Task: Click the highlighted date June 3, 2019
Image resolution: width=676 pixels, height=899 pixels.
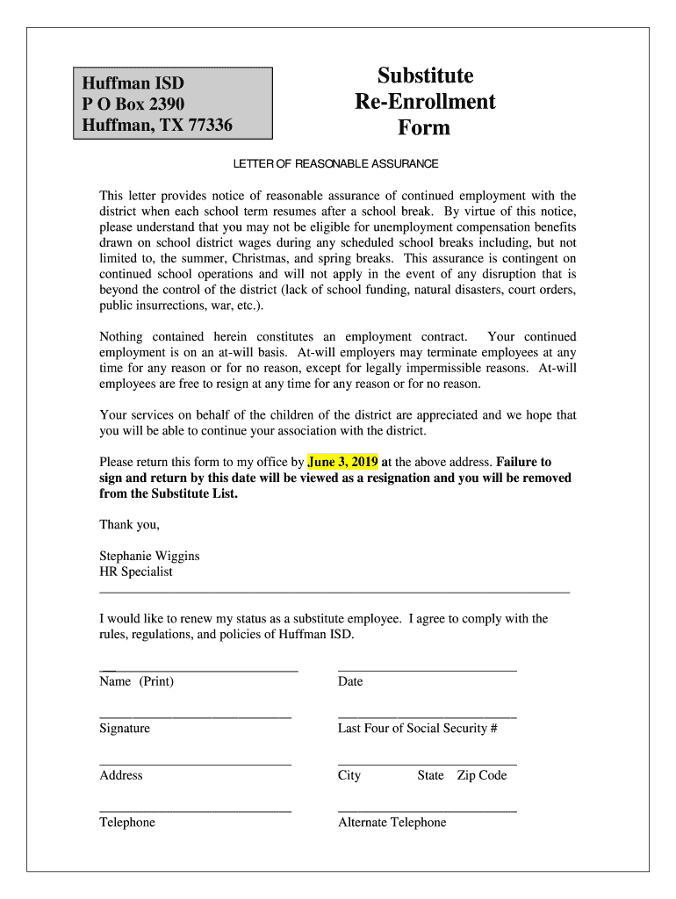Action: click(343, 462)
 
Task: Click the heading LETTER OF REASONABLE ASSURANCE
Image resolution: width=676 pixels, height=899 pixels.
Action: click(335, 164)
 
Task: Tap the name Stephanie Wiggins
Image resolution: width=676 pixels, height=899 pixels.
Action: click(149, 556)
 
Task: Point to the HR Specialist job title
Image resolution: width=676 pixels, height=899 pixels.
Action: click(136, 572)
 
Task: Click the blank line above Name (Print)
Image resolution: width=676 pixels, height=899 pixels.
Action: click(199, 672)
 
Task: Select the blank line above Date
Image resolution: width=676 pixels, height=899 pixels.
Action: click(427, 672)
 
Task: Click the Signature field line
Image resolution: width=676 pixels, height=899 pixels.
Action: click(195, 718)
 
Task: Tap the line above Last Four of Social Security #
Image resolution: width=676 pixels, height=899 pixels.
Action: click(427, 718)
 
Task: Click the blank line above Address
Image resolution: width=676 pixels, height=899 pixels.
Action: click(195, 765)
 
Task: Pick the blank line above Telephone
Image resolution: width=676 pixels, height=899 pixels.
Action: click(195, 811)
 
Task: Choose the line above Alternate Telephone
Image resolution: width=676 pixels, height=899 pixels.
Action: click(427, 811)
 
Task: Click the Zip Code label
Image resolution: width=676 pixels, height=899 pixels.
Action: click(482, 775)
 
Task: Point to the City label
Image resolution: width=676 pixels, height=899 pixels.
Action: click(349, 775)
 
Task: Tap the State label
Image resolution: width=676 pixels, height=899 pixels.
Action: click(430, 775)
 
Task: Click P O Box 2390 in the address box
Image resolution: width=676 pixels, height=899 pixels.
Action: click(133, 105)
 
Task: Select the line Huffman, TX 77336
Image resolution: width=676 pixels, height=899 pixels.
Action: click(157, 126)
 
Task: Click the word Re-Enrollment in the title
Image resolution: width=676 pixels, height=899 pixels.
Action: click(425, 102)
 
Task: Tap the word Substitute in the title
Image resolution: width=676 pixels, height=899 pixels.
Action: click(425, 76)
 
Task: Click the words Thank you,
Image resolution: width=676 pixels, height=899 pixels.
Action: click(129, 525)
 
